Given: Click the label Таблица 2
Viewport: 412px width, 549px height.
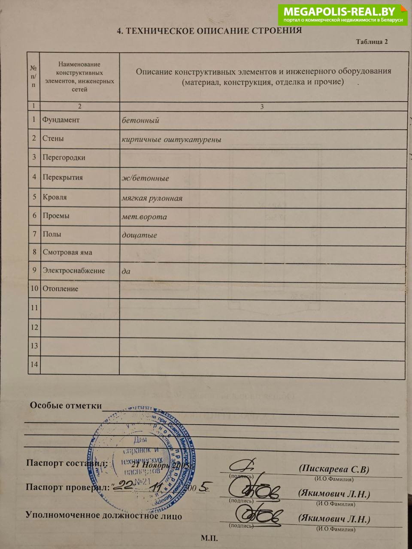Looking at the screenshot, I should point(372,42).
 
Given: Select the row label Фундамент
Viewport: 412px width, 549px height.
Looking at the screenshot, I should point(61,120).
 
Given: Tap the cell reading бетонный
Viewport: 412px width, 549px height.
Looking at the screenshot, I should point(140,121).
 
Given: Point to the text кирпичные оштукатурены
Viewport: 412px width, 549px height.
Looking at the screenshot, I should point(171,139).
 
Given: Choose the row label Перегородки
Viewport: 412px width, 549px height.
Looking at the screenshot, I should point(64,157).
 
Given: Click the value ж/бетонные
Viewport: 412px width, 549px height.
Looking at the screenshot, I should point(145,178).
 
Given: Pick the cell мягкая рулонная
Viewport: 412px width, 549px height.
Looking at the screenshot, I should point(152,198).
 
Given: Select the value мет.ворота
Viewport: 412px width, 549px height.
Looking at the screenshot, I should point(144,217).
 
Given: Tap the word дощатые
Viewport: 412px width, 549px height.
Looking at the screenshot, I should point(139,235).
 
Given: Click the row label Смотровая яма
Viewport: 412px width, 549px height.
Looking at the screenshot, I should point(67,252).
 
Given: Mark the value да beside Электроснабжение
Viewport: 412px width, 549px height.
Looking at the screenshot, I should point(126,271).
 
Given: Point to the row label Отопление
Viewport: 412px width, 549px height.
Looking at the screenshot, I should point(61,289).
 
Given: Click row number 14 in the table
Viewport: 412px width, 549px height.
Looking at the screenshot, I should point(34,364).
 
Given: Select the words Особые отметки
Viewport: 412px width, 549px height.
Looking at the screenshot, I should point(66,405).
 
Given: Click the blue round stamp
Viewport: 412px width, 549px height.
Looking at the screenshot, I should point(144,459).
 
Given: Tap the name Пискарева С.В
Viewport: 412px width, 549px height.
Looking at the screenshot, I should point(334,469).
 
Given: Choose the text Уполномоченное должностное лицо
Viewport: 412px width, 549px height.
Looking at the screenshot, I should point(104,515).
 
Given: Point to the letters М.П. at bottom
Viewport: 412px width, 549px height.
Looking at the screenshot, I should point(209,538).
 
